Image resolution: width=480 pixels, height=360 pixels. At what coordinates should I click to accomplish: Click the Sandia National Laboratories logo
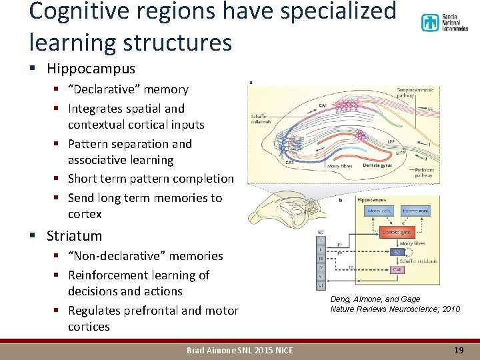coord(444,23)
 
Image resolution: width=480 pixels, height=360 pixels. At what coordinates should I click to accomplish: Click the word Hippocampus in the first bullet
coord(91,69)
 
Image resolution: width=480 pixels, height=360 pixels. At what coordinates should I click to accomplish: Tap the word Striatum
coord(74,236)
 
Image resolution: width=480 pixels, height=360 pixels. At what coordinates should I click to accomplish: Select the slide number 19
coord(458,350)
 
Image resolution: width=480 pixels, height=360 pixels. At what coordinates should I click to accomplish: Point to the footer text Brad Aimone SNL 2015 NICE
coord(239,350)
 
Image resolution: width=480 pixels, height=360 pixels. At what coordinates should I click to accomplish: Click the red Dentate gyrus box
coord(397,232)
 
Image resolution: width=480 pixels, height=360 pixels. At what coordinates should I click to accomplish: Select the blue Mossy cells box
coord(379,211)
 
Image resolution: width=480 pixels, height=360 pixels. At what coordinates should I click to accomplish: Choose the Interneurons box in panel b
coord(415,211)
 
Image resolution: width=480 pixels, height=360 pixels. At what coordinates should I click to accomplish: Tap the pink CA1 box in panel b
coord(397,271)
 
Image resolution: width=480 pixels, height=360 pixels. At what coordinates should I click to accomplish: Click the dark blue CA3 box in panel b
coord(397,252)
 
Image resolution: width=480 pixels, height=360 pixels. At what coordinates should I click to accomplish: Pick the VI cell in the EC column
coord(321,284)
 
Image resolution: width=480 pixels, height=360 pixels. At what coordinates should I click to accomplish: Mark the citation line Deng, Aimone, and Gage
coord(375,299)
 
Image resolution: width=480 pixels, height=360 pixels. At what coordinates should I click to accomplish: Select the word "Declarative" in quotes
coord(103,89)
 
